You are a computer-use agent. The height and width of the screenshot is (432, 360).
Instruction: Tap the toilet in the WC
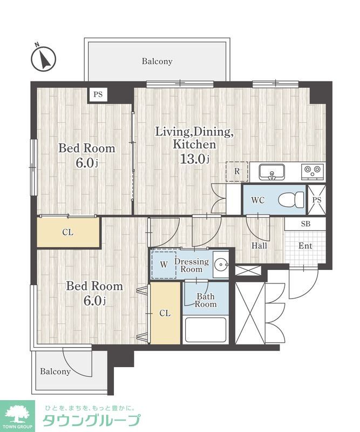[x=291, y=199]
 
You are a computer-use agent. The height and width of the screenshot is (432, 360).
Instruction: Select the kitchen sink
[x=271, y=172]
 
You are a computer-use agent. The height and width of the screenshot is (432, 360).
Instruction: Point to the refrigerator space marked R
[x=237, y=171]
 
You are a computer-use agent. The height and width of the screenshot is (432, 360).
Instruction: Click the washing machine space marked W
[x=164, y=265]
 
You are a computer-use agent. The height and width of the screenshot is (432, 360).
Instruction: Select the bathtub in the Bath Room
[x=206, y=330]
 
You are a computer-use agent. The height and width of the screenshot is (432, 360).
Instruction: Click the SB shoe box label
[x=305, y=224]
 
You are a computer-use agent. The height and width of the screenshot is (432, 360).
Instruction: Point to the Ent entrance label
[x=305, y=246]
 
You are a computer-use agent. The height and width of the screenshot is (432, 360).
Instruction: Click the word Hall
[x=259, y=246]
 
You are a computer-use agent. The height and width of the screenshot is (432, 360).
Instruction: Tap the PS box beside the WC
[x=317, y=200]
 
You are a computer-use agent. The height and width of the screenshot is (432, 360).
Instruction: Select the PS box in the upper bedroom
[x=98, y=94]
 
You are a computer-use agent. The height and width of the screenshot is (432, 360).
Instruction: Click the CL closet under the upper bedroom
[x=68, y=232]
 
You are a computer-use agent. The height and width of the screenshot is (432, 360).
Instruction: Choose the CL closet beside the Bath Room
[x=165, y=313]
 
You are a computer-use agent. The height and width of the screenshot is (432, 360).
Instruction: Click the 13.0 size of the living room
[x=195, y=159]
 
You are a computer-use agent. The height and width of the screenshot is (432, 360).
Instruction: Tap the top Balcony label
[x=157, y=61]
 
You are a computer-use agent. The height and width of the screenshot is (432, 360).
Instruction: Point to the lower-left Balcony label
[x=55, y=372]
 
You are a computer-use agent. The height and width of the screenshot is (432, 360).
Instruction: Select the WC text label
[x=258, y=200]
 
